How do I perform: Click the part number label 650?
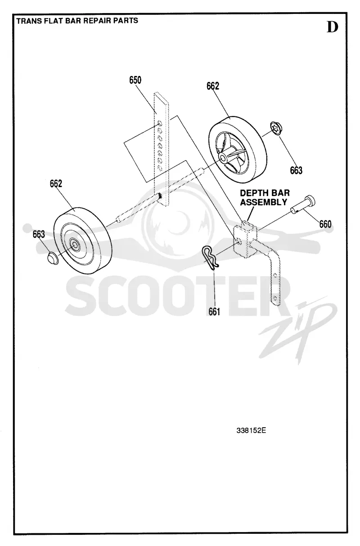135,80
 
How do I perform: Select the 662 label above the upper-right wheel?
213,86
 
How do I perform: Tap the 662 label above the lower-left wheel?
56,183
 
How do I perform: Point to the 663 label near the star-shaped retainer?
296,170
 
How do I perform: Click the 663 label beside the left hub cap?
39,234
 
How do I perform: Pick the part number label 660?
325,224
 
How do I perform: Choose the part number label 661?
214,312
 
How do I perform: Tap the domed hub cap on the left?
52,259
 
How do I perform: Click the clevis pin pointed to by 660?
302,205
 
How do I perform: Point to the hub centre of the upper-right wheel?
223,157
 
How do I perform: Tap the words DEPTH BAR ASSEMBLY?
265,197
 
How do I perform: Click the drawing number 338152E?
251,431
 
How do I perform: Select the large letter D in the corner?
333,27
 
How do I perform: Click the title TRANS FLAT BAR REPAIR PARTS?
77,21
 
